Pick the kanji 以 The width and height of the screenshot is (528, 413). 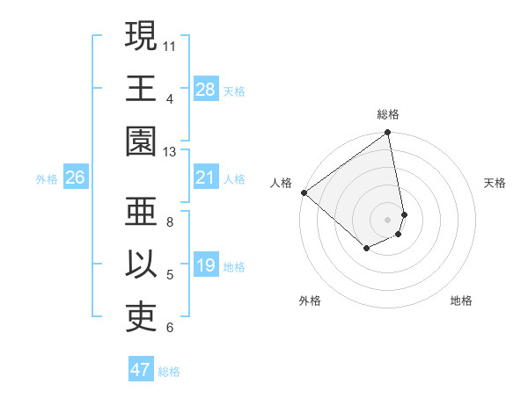[141, 267]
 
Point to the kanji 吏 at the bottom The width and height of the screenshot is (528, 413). [141, 320]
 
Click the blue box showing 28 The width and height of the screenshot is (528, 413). [206, 90]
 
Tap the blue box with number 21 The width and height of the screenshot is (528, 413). [206, 178]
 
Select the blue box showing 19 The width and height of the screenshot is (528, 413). [206, 266]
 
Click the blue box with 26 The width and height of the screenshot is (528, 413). [76, 178]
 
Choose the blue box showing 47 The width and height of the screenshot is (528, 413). [141, 370]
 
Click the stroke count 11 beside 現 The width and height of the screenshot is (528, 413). [170, 44]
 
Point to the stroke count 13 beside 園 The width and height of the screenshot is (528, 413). [170, 151]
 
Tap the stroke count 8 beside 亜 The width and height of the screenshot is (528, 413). [170, 221]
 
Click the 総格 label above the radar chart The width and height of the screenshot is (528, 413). [388, 114]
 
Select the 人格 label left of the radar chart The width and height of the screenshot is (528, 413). [282, 183]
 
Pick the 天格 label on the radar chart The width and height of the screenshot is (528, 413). [495, 183]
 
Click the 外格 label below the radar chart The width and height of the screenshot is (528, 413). [310, 301]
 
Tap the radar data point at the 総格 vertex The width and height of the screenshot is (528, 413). [387, 134]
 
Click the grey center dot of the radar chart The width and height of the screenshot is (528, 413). [388, 219]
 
